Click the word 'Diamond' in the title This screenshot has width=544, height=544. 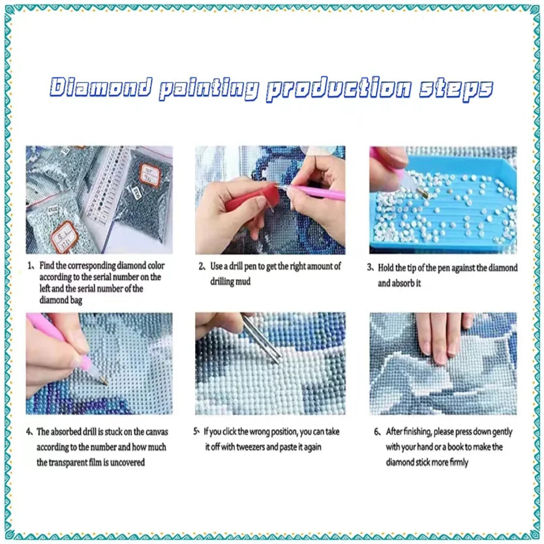[x=101, y=87]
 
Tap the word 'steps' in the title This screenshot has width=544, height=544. [x=456, y=89]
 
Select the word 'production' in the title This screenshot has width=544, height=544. [x=339, y=89]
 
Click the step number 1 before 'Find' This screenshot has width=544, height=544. [x=30, y=265]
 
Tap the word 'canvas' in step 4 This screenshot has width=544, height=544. [x=157, y=432]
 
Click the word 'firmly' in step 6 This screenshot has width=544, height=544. [x=459, y=462]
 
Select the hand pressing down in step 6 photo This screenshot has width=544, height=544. [x=444, y=336]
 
